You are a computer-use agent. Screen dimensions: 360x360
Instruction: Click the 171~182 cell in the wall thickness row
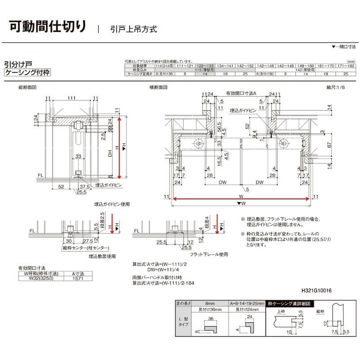click(346, 66)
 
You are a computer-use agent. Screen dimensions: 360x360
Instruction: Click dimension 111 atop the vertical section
click(72, 98)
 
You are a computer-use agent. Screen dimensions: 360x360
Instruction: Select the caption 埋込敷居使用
click(102, 256)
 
